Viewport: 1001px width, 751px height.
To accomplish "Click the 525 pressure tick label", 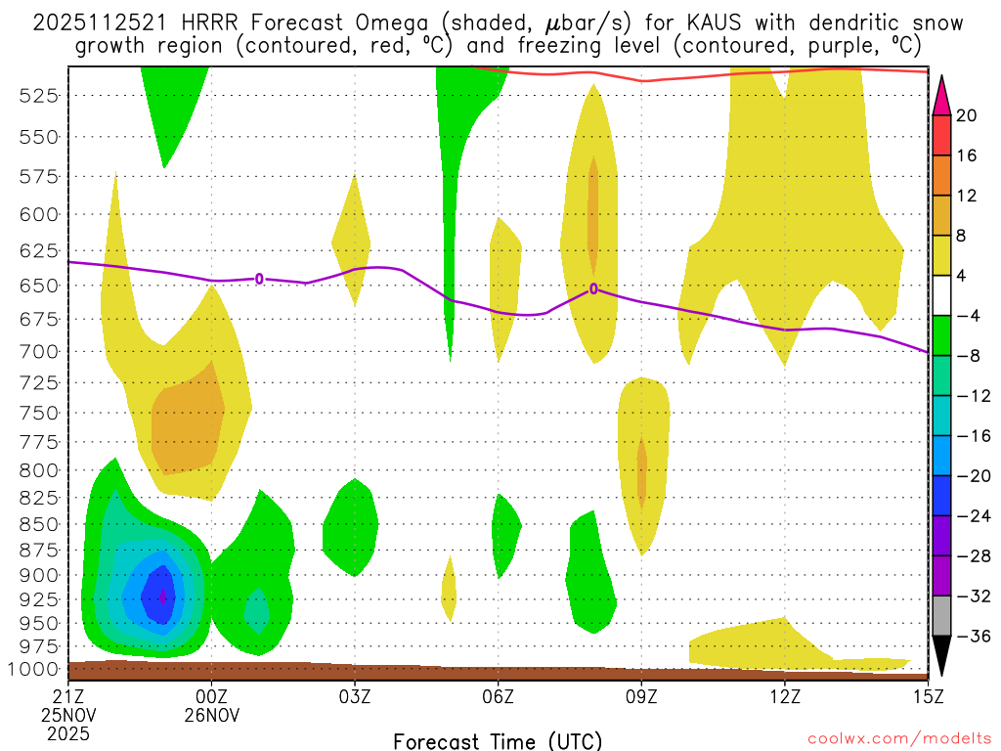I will coord(40,95).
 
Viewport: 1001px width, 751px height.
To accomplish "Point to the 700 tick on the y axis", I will coord(40,351).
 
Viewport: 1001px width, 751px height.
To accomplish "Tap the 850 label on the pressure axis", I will coord(40,524).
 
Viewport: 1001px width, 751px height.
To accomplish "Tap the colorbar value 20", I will coord(967,115).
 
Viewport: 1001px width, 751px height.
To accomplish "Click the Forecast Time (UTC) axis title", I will coord(498,740).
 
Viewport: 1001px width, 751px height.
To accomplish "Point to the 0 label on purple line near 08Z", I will coord(593,288).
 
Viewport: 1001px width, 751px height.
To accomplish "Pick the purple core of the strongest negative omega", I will coord(162,595).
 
